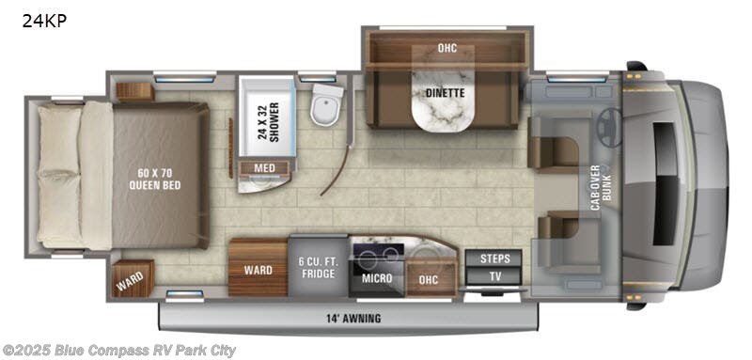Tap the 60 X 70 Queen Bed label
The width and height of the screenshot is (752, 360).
click(156, 178)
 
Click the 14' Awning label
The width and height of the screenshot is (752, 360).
click(351, 319)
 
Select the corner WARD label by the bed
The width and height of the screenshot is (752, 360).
click(127, 279)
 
